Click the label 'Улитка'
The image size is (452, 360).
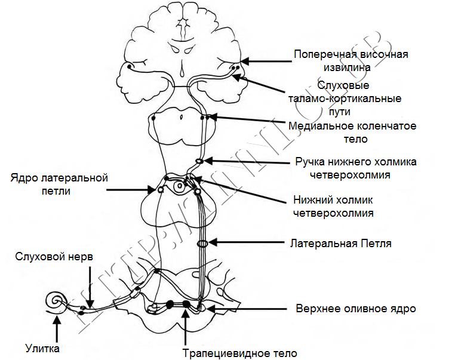42,349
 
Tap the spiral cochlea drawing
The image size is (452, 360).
55,301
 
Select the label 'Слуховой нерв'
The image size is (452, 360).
54,257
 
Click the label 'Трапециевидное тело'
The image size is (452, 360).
240,353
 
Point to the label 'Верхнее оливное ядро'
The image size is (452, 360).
356,309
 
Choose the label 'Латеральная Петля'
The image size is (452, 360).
341,244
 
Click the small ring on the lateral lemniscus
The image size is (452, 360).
202,244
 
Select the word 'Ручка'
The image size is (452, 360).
310,162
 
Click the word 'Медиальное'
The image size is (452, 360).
321,126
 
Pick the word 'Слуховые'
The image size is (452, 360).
343,85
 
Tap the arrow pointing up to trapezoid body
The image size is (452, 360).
186,327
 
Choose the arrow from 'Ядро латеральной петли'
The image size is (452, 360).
131,190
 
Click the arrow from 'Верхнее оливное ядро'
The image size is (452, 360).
247,309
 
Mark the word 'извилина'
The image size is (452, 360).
347,67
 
